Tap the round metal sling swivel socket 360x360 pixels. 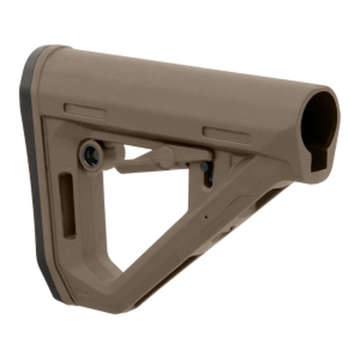pyautogui.click(x=91, y=154)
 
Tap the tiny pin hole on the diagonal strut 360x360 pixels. pyautogui.click(x=206, y=216)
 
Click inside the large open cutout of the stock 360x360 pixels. pyautogui.click(x=148, y=211)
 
